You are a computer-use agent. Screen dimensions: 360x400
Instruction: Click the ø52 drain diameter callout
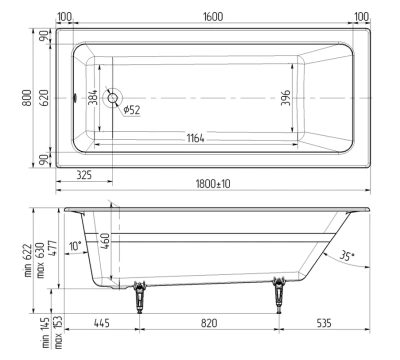coord(130,109)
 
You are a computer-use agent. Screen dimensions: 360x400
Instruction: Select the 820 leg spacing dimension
coord(209,323)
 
